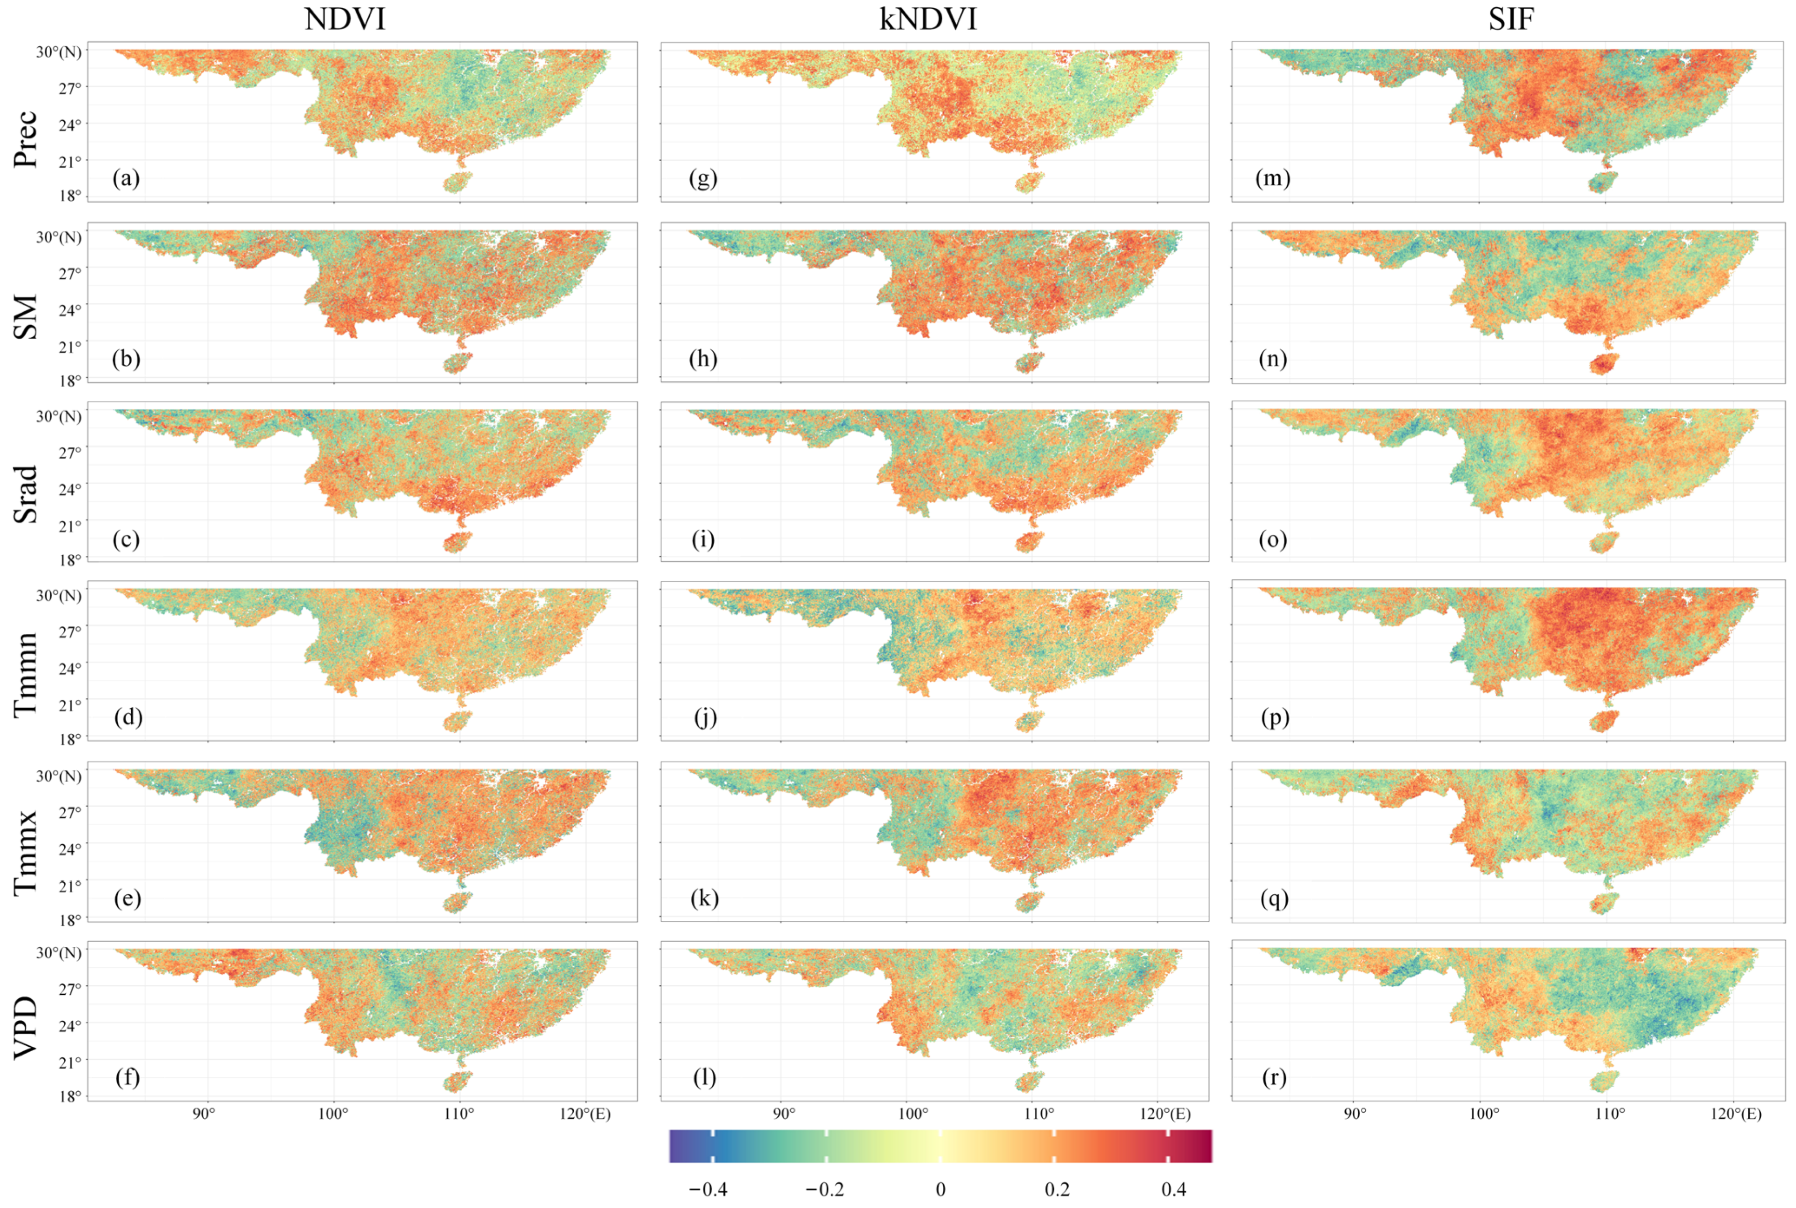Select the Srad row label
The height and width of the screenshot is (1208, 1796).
click(x=26, y=494)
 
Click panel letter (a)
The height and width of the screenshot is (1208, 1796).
click(x=125, y=178)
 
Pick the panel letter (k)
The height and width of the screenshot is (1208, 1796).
click(x=704, y=898)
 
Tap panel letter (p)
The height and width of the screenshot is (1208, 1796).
click(x=1275, y=718)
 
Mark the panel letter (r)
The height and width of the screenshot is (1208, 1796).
click(x=1274, y=1077)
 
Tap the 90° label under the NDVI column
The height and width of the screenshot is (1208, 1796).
click(x=204, y=1114)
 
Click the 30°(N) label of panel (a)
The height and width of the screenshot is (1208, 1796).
click(x=58, y=53)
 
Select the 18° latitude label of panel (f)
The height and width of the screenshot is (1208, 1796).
click(x=70, y=1096)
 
